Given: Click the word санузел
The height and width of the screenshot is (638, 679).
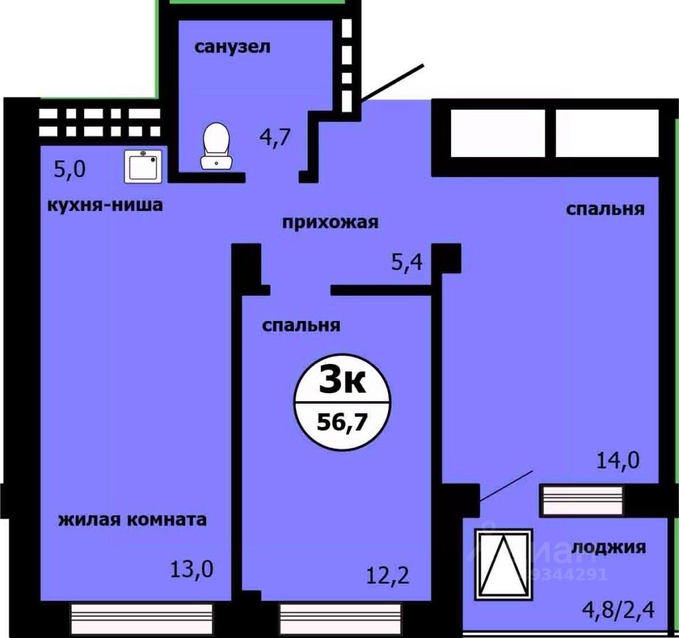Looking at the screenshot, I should pyautogui.click(x=233, y=48).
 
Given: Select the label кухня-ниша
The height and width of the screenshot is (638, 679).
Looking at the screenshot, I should pyautogui.click(x=105, y=205).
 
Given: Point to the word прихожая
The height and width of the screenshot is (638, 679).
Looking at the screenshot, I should pyautogui.click(x=330, y=222).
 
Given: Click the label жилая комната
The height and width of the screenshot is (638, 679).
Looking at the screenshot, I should pyautogui.click(x=133, y=519).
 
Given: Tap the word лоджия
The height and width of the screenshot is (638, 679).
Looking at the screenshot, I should pyautogui.click(x=608, y=547).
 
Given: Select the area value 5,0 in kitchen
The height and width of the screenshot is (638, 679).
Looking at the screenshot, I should pyautogui.click(x=70, y=169).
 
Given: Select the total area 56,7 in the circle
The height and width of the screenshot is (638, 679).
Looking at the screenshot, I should pyautogui.click(x=342, y=421).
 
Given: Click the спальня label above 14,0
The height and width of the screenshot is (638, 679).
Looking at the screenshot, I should pyautogui.click(x=605, y=209).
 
